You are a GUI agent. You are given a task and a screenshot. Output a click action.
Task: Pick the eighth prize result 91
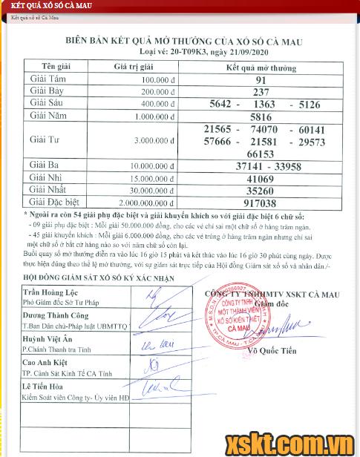(x=261, y=80)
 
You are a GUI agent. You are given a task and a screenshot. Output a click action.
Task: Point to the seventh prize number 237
(x=261, y=92)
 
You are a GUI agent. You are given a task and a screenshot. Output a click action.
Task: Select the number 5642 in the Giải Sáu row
(x=225, y=105)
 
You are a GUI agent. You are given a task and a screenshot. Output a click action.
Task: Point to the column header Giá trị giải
(x=136, y=67)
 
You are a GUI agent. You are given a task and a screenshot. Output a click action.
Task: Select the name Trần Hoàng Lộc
(x=46, y=293)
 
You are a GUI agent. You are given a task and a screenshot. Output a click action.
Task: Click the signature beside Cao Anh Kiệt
(x=156, y=366)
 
